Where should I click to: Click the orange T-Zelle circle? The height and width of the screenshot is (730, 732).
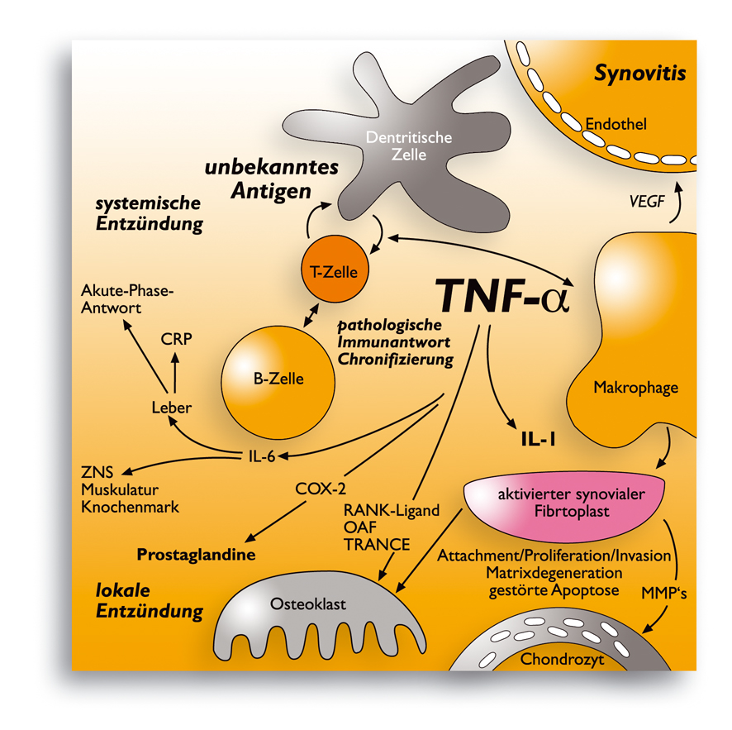pos(335,269)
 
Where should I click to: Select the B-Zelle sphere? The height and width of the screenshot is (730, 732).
pos(278,383)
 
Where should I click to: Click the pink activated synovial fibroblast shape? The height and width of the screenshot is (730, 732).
pos(564,505)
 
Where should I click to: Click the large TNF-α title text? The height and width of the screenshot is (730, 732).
pos(502,296)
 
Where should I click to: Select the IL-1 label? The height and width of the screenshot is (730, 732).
pos(539,440)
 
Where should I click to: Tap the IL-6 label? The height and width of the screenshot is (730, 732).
pos(262,456)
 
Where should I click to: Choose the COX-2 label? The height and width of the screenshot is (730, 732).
pos(321,489)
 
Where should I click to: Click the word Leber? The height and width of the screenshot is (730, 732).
pos(171,408)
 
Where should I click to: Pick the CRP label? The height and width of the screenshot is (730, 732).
pos(176,339)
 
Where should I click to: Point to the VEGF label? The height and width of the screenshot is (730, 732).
pos(647,201)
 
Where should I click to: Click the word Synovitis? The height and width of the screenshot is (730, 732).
pos(639,74)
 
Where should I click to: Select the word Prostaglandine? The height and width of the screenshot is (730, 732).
pos(196,555)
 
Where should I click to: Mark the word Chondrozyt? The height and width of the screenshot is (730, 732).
pos(562,660)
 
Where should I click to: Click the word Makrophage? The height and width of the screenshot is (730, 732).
pos(636,388)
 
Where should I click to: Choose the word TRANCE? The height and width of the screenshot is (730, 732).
pos(377,545)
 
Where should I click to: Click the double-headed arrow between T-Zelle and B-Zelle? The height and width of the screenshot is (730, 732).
pos(311,315)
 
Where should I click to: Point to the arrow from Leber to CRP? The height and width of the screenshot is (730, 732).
pos(175,373)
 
